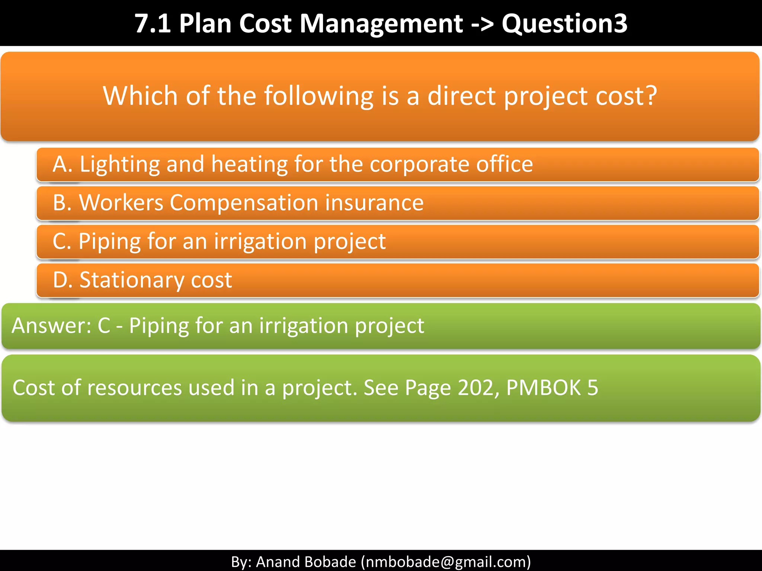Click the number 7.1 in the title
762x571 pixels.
tap(153, 24)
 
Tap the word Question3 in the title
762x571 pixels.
tap(564, 24)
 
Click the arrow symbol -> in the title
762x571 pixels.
tap(482, 24)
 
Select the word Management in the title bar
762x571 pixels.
tap(381, 24)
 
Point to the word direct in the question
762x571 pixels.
tap(461, 96)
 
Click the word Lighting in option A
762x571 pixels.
tap(119, 164)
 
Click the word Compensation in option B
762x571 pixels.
tap(244, 203)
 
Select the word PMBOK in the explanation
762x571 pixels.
tap(543, 388)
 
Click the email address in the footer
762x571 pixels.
tap(446, 562)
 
